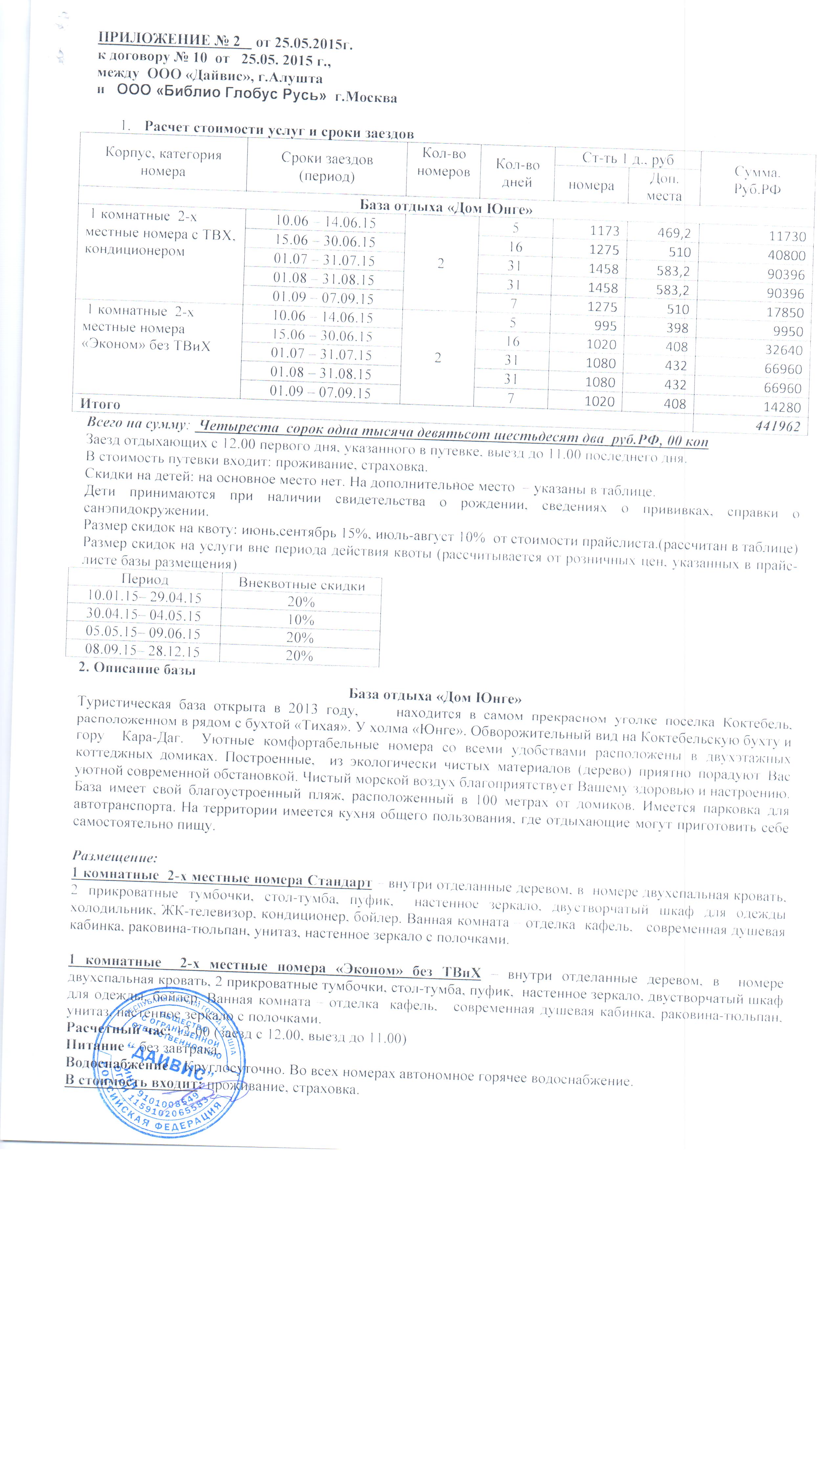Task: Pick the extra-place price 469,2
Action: pyautogui.click(x=674, y=233)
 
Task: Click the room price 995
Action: pyautogui.click(x=605, y=326)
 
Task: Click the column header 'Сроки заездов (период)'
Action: pyautogui.click(x=326, y=167)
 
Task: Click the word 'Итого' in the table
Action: pyautogui.click(x=100, y=404)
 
